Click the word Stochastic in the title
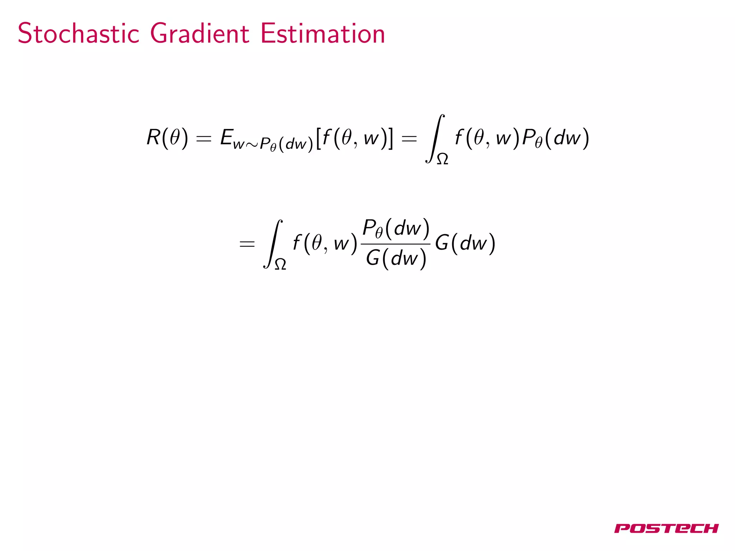point(78,33)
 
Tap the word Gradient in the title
point(199,33)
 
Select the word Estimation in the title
point(322,33)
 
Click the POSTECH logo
point(666,528)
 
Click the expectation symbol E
point(227,137)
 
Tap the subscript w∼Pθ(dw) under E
point(273,144)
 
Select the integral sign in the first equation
point(435,138)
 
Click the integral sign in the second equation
point(273,244)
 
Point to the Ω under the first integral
point(442,159)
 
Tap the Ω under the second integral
point(280,264)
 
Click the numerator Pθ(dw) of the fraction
point(396,228)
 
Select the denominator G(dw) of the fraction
point(396,258)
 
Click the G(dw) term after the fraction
point(465,244)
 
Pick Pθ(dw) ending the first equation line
point(555,138)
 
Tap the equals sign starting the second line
point(247,244)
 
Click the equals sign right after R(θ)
point(203,138)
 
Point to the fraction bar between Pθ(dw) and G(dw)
point(395,244)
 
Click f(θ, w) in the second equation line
point(325,244)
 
